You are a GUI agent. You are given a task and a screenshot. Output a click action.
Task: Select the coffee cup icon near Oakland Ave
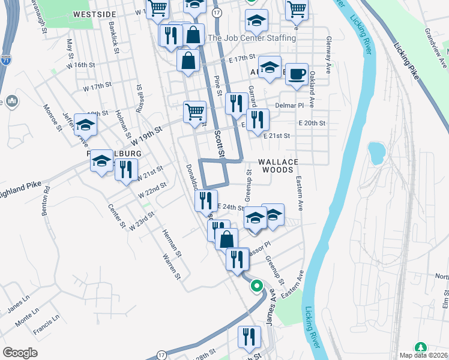296,75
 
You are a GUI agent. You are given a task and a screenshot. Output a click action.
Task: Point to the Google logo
20,352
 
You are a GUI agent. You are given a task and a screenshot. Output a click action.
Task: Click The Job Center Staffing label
252,38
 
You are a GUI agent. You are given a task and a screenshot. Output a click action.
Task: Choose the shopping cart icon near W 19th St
194,112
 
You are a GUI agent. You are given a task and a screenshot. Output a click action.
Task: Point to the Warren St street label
171,266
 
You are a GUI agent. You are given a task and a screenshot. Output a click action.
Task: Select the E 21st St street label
277,136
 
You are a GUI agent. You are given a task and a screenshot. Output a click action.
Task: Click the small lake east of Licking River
376,153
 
